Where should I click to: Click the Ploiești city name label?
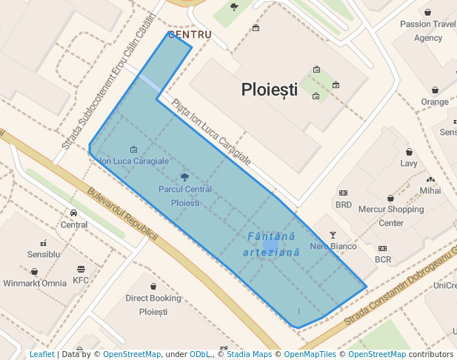point(269,90)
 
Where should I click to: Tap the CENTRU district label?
point(190,34)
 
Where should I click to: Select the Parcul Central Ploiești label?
point(184,196)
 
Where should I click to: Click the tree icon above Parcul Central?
point(184,177)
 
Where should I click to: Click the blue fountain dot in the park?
point(270,244)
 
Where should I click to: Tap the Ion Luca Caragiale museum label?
point(134,160)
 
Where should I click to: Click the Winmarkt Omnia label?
point(35,283)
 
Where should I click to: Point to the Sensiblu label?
point(44,254)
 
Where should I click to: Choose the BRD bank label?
point(344,204)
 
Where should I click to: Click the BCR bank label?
point(383,259)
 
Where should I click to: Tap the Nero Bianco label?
point(333,246)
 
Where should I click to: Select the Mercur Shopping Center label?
point(391,216)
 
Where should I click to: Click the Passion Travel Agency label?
point(428,30)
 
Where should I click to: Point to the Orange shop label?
point(435,101)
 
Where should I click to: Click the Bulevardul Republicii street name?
point(122,214)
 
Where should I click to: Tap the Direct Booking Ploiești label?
point(153,304)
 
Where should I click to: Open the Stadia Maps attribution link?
point(249,354)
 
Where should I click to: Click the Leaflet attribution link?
point(41,354)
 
